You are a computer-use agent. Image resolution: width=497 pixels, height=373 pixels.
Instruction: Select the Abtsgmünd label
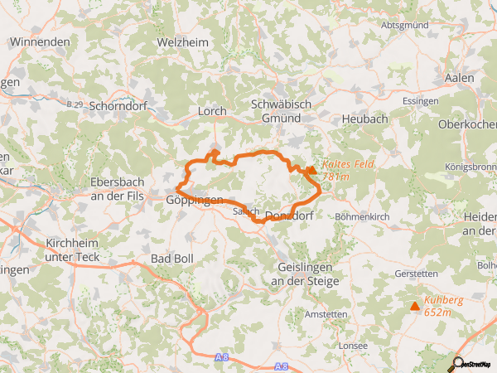[405, 26]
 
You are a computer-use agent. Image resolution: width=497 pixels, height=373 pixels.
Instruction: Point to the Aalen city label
[460, 78]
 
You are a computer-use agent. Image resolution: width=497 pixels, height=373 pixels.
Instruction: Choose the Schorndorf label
[123, 106]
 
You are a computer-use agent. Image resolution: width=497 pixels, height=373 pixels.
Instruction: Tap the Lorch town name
[212, 110]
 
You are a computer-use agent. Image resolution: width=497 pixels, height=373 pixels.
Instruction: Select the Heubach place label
[364, 119]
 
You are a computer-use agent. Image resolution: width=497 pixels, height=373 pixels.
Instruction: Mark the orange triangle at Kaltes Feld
[311, 171]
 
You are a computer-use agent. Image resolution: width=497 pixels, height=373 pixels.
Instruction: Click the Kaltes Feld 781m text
[348, 170]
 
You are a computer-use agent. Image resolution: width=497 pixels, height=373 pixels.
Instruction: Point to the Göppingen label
[195, 201]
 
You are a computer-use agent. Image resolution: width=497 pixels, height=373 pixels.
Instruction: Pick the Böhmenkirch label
[362, 216]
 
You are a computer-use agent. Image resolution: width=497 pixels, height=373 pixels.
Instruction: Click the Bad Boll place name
[171, 259]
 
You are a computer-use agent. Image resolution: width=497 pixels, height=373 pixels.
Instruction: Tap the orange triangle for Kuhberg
[415, 306]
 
